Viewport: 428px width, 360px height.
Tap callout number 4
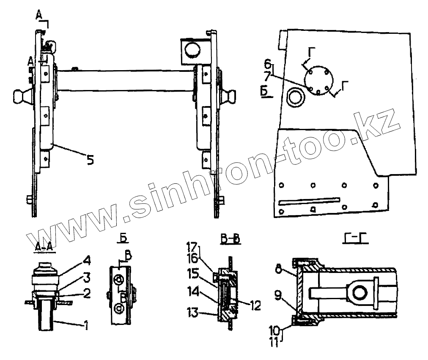pyautogui.click(x=87, y=259)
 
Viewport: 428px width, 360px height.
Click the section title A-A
pyautogui.click(x=44, y=248)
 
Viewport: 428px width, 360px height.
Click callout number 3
pyautogui.click(x=87, y=277)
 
